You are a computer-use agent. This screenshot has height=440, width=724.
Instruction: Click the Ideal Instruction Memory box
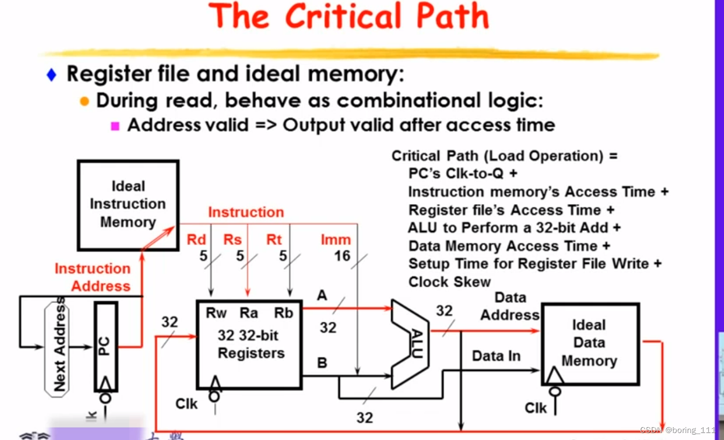128,205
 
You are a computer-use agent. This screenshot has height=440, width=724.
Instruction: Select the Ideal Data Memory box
590,343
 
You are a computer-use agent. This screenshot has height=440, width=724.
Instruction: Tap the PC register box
105,347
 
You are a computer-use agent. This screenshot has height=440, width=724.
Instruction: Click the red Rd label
196,240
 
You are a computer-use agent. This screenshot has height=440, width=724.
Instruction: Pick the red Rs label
232,240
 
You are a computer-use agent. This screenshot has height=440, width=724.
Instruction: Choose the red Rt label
274,240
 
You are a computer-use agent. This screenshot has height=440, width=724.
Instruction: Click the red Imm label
335,240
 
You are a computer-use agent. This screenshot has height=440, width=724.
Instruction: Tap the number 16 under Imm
342,256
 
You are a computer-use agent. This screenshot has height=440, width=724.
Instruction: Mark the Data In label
496,356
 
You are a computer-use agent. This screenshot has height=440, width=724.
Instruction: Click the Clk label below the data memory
536,408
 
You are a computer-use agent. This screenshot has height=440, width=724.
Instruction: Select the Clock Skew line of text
449,282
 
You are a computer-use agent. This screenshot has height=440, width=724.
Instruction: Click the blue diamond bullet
52,75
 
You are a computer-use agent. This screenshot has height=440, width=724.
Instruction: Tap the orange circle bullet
84,101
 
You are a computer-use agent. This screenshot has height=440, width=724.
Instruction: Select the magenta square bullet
114,126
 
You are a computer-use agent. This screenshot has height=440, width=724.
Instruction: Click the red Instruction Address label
93,277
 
